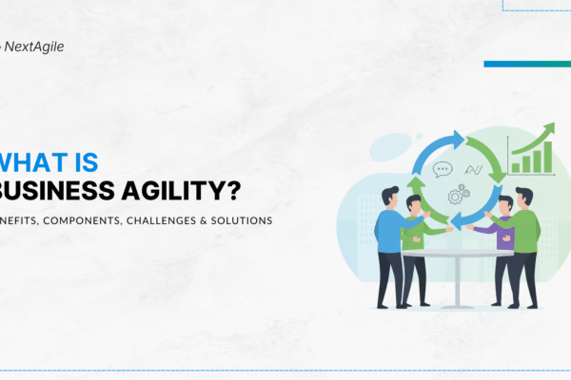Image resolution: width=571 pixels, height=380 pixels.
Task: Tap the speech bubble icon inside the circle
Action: point(443,171)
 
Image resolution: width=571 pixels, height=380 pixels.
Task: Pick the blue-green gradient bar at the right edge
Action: point(526,65)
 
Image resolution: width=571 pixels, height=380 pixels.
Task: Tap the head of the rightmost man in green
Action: point(524,196)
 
